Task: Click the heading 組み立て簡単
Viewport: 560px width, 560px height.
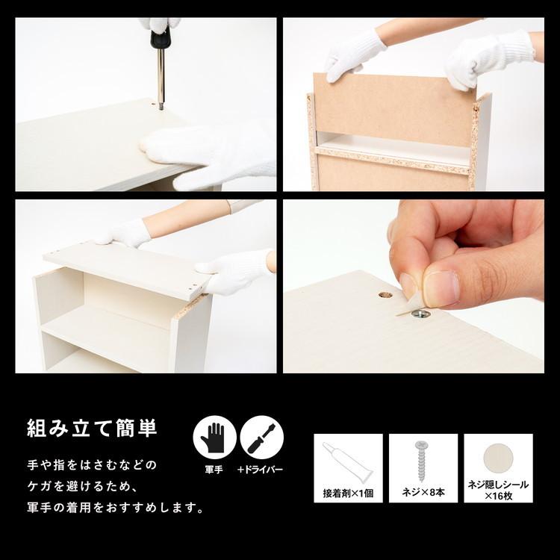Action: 92,429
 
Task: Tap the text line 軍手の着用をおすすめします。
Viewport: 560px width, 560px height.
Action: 115,508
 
